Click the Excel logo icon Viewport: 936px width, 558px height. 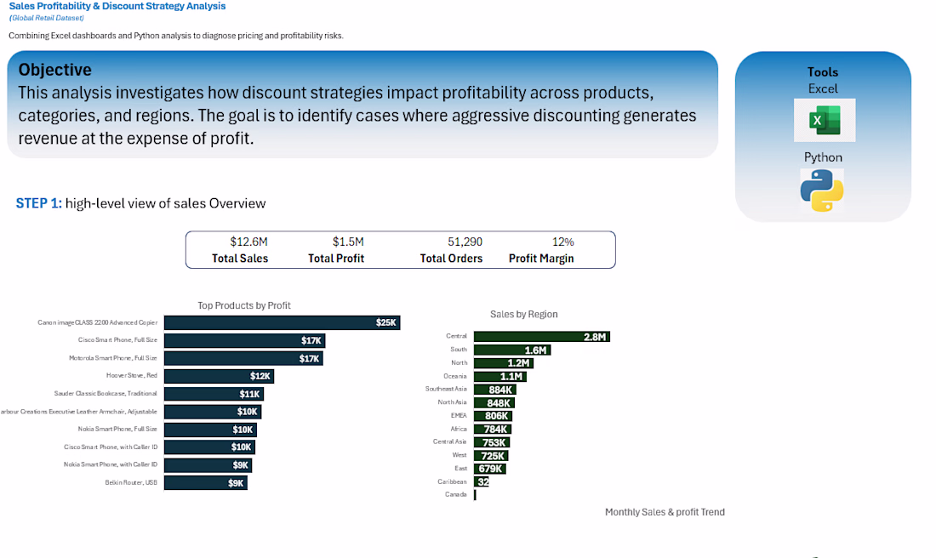[x=824, y=120]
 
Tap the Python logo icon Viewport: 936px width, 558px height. [x=821, y=190]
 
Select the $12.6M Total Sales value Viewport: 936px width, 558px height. [x=248, y=242]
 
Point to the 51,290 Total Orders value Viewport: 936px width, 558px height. [x=465, y=242]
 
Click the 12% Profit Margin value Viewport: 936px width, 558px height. [x=563, y=242]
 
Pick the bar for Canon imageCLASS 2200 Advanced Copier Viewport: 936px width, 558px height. [x=282, y=322]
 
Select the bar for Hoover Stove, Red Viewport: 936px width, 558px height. [x=219, y=376]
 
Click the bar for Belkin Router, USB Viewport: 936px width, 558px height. [x=205, y=483]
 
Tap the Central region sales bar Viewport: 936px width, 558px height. [x=541, y=337]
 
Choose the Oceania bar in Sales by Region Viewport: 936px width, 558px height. [x=499, y=376]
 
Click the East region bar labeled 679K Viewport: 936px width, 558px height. [x=489, y=469]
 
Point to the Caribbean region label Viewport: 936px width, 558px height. [x=452, y=481]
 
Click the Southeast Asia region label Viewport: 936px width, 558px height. [x=446, y=389]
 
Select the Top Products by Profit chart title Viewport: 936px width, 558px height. [x=244, y=305]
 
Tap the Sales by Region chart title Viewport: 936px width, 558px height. [x=524, y=314]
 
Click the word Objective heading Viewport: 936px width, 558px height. [x=55, y=70]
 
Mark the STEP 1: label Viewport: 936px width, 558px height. [x=38, y=203]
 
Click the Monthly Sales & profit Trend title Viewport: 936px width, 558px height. [x=665, y=512]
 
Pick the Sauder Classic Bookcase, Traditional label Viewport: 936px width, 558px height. [x=106, y=394]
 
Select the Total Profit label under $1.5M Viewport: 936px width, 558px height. [x=336, y=259]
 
